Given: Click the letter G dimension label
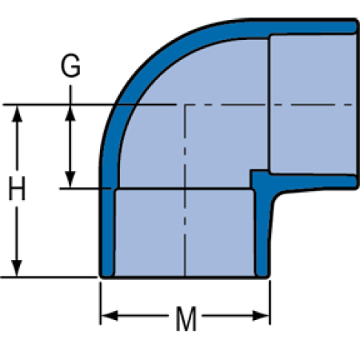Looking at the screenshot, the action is [70, 66].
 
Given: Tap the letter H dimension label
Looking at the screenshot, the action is [17, 188].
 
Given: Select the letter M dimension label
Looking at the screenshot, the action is [186, 319].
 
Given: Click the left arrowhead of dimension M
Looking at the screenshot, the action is [110, 316].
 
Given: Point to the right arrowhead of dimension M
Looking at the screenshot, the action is [261, 316].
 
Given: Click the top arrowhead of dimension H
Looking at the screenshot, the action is [17, 114].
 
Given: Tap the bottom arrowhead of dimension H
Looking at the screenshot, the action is [17, 268].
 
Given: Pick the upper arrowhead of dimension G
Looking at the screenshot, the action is [70, 113].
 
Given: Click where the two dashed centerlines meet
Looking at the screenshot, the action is [185, 105].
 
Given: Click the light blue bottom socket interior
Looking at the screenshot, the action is [185, 233].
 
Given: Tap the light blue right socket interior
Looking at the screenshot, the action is [313, 104].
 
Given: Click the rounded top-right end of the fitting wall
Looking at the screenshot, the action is [354, 26].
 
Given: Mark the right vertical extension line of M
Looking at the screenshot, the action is [270, 302].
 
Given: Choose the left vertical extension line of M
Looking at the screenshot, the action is [101, 303].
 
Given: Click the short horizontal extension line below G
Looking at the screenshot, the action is [86, 189].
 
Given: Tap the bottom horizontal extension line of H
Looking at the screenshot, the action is [49, 278].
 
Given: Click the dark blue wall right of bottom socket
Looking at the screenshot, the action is [262, 232].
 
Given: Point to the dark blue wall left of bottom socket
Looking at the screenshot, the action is [107, 232].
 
